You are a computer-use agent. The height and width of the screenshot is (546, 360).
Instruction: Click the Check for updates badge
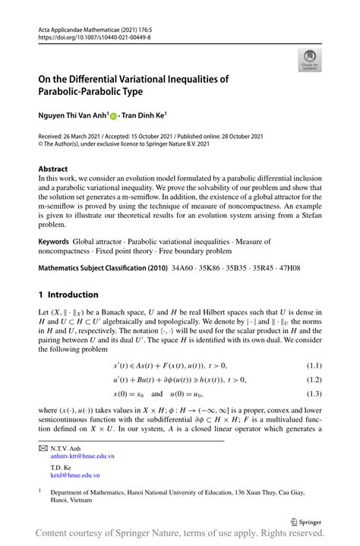[311, 61]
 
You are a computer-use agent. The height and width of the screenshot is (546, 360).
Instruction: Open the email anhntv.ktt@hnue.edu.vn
[83, 458]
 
